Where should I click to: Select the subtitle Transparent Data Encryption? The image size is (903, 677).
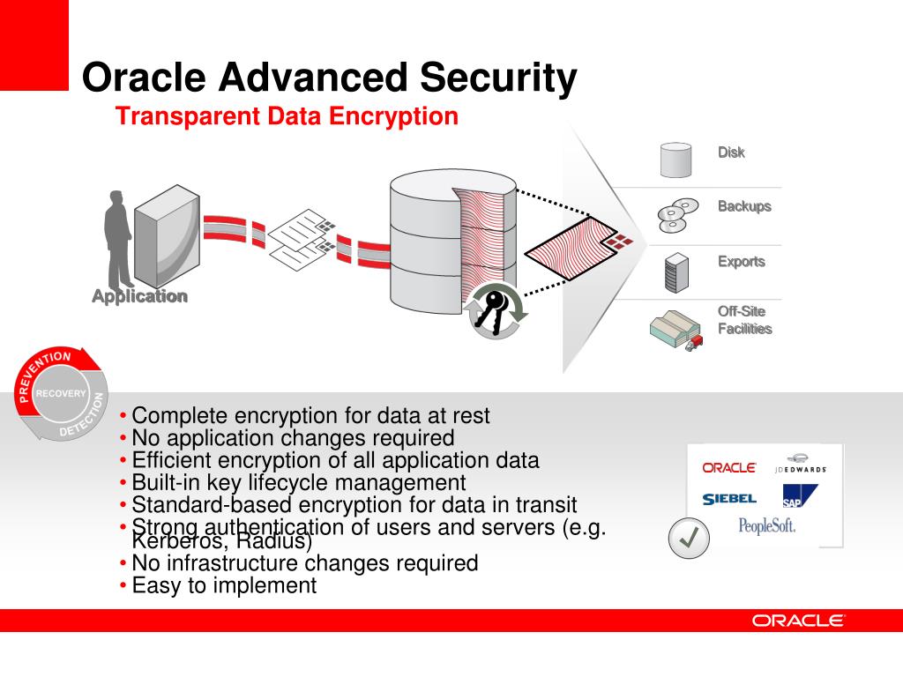point(287,116)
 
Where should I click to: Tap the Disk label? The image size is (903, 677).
point(730,153)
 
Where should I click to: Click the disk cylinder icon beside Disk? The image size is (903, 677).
point(675,159)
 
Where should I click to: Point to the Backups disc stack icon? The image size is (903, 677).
point(676,214)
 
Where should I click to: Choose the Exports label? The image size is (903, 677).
point(741,262)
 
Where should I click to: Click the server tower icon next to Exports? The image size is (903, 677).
point(676,272)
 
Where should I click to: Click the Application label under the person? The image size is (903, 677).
point(139,296)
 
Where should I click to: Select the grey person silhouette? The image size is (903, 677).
point(118,238)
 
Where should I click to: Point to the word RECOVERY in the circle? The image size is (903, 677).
point(61,393)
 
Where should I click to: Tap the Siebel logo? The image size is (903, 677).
point(729,499)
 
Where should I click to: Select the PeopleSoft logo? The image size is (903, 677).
point(766,526)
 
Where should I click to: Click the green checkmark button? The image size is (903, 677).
point(689,538)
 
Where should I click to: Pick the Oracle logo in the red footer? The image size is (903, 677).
point(798,621)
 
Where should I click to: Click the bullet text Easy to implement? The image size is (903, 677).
point(223,585)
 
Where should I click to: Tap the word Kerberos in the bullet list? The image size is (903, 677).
point(175,540)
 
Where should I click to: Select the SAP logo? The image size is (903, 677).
point(798,497)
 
